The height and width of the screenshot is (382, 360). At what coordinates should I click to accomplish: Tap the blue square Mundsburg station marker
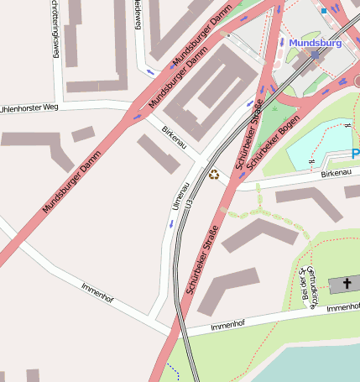[316, 55]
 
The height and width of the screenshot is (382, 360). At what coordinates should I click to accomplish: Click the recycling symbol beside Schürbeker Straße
[214, 175]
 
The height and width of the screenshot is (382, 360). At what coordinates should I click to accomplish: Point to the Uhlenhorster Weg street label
[29, 108]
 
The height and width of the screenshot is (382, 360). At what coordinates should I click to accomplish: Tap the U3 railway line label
[190, 204]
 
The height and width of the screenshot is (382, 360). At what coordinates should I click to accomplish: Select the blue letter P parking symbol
[355, 154]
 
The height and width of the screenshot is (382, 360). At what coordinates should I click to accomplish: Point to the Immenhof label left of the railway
[97, 292]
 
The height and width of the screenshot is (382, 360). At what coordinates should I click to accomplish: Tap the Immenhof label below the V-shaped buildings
[227, 325]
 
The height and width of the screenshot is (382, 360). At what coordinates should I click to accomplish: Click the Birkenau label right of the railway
[336, 173]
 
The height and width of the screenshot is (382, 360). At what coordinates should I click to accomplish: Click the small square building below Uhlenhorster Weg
[82, 134]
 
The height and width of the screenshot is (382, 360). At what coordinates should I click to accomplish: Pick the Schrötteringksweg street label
[55, 27]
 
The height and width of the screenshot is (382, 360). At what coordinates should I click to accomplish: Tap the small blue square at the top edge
[323, 11]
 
